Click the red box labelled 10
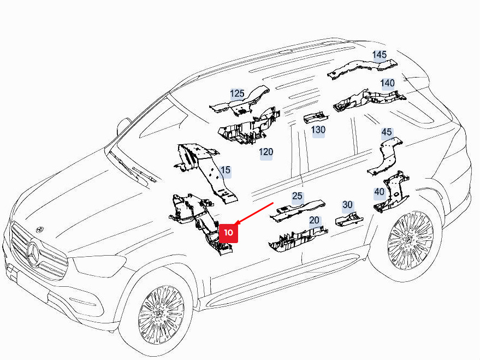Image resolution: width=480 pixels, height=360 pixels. pos(228,233)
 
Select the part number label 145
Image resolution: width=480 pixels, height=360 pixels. pos(380,55)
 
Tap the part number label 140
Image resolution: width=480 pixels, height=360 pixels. pos(387,83)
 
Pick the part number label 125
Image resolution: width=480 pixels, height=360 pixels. pos(237,93)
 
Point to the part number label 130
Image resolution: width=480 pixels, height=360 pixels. pos(318,130)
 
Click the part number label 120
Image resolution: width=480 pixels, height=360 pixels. pos(266,152)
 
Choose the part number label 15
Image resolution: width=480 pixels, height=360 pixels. pos(225,170)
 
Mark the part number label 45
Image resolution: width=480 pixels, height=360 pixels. pos(386,132)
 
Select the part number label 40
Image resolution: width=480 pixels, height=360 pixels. pos(380,192)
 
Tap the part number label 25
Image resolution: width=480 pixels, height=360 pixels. pos(297,196)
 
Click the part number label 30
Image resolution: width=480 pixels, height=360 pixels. pos(347,205)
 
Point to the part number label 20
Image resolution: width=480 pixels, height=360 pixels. pos(314,220)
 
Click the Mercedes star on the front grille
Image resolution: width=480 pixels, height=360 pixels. pos(33,252)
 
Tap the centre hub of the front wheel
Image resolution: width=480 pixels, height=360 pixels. pos(159,314)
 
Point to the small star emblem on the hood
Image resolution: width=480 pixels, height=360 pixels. pos(39,229)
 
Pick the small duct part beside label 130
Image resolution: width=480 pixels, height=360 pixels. pos(316,118)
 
